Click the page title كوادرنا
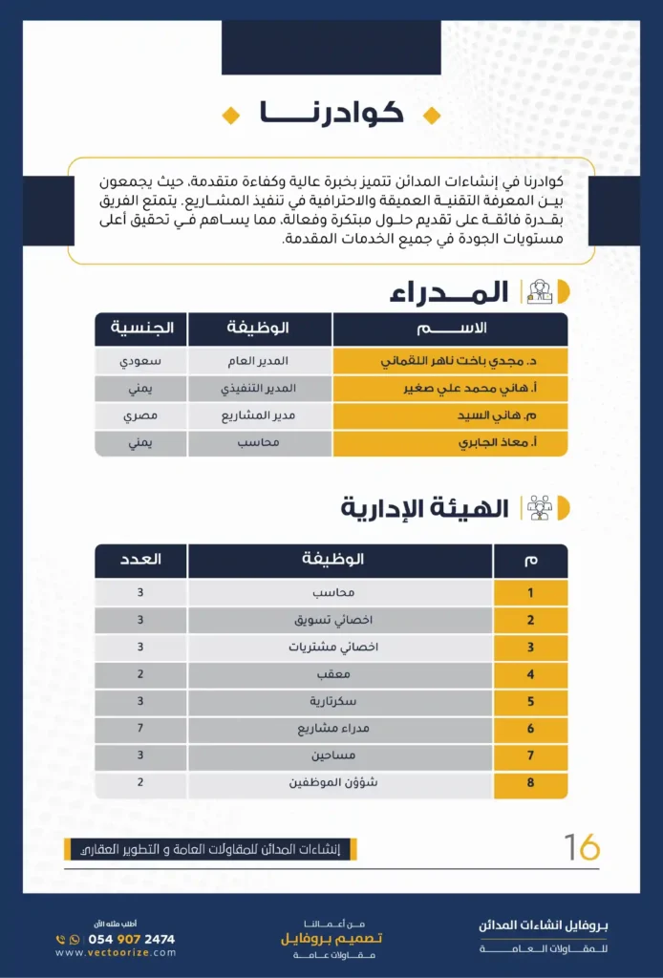coord(331,114)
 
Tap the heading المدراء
coord(448,292)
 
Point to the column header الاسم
coord(449,329)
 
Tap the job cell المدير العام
coord(261,362)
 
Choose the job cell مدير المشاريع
coord(261,416)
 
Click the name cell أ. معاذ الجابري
coord(449,443)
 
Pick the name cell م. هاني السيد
coord(449,416)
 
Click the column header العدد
coord(140,560)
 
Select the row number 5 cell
coord(530,701)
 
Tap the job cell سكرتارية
coord(340,701)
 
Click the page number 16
coord(582,846)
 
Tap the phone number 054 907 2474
coord(131,939)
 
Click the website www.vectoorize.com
coord(116,952)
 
